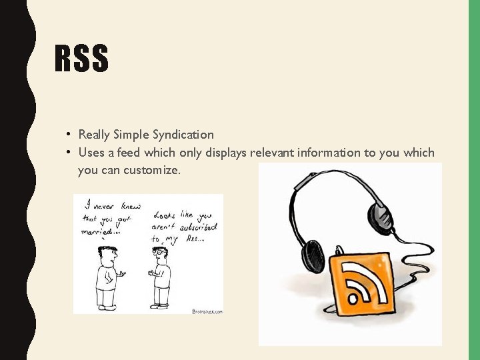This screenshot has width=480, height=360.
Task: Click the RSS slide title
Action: tap(81, 58)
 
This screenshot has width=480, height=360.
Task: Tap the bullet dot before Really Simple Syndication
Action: tap(69, 134)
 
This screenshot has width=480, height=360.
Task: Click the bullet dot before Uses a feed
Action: tap(69, 152)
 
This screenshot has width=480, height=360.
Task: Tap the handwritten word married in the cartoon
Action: tap(97, 231)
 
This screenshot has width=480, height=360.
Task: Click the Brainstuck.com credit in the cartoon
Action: tap(207, 311)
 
